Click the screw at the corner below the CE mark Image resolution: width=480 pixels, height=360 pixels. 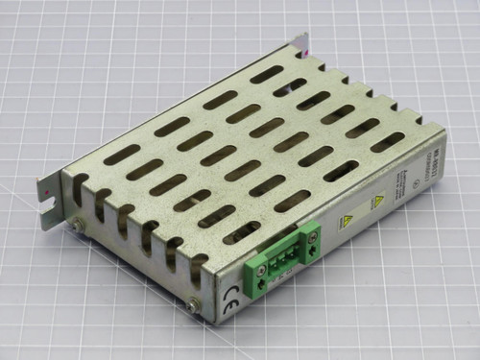(x=196, y=305)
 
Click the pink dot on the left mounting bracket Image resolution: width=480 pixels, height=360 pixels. (x=49, y=189)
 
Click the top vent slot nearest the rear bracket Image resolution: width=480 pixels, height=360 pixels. (x=268, y=73)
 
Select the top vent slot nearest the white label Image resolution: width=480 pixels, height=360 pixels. (x=387, y=141)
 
